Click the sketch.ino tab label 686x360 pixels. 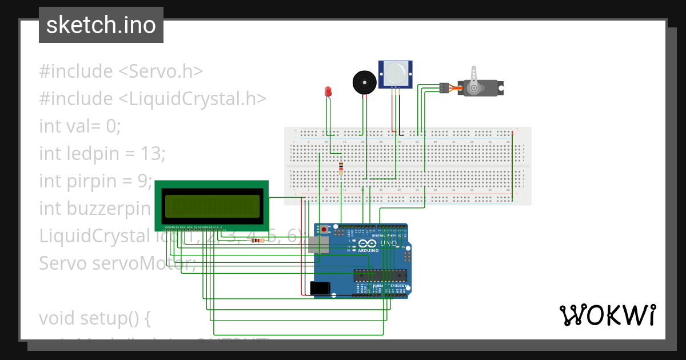click(101, 25)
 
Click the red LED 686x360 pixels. click(328, 91)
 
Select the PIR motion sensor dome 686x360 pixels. click(395, 73)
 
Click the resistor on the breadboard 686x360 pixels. click(341, 169)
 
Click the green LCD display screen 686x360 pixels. click(212, 206)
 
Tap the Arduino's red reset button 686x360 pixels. click(325, 230)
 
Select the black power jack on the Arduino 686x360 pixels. click(321, 289)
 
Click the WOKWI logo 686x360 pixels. click(607, 315)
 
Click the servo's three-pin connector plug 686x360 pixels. click(442, 87)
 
